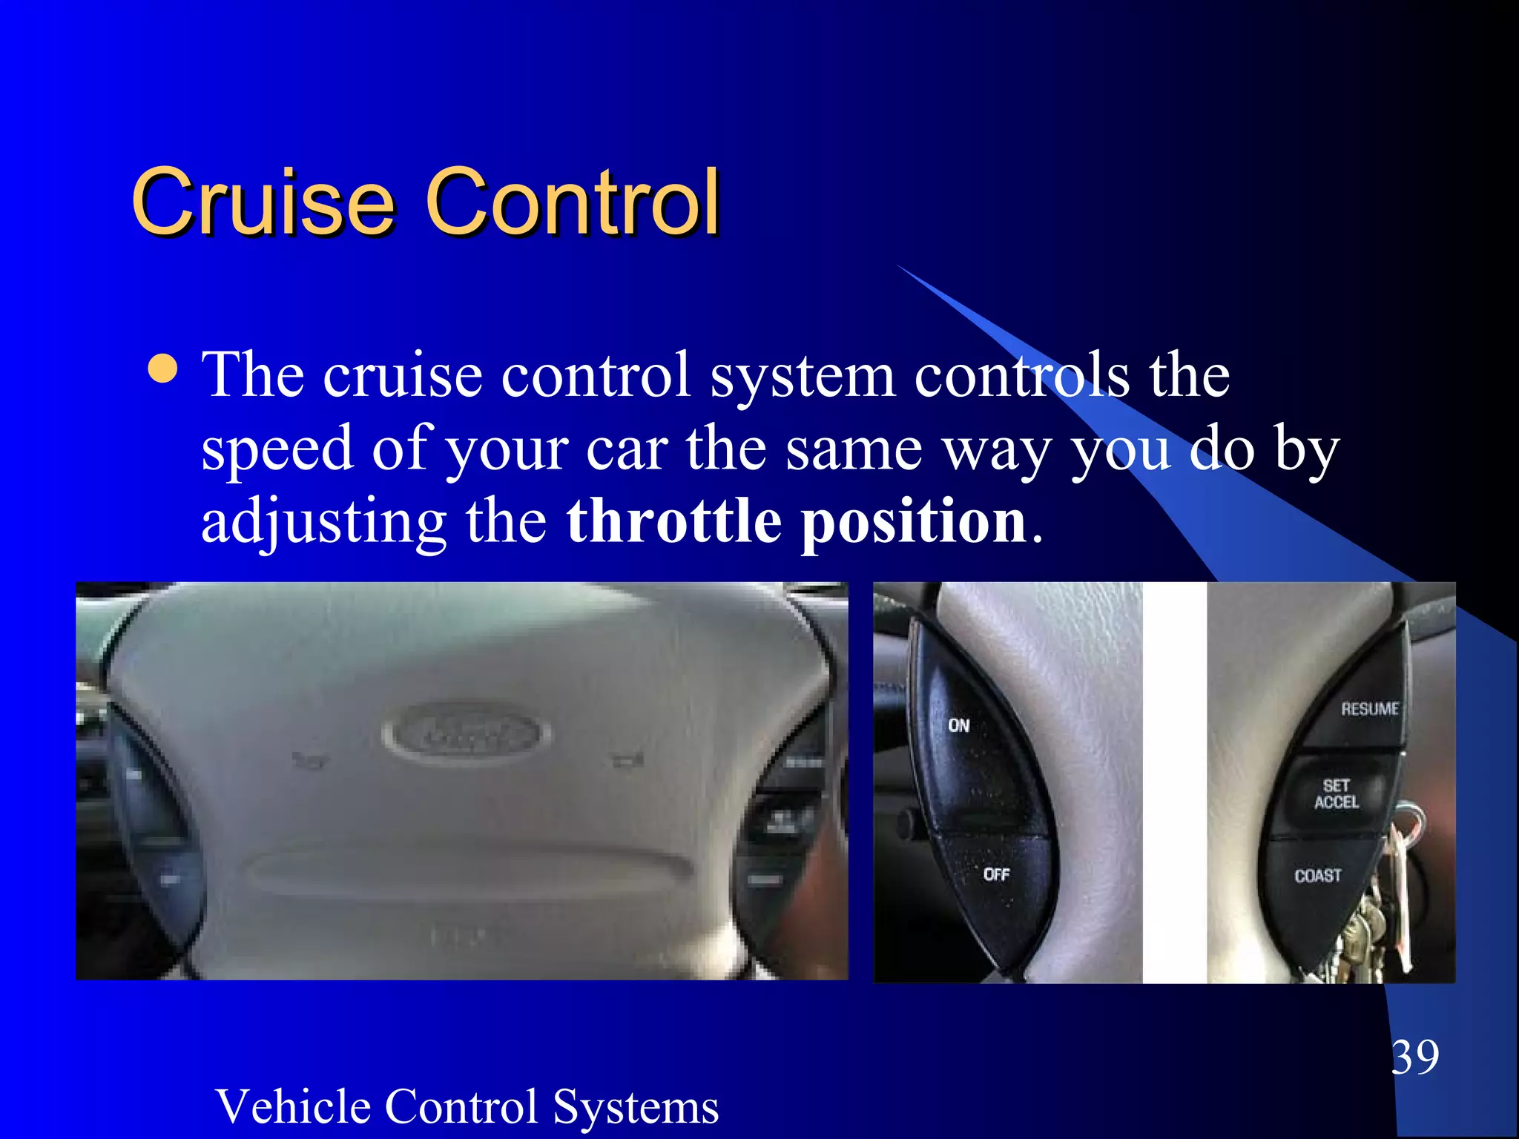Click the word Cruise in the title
click(263, 202)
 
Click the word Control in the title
click(572, 202)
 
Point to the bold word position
click(914, 523)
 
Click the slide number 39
click(1414, 1057)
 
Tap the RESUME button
click(1369, 710)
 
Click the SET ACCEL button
click(1337, 793)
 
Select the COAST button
click(1318, 876)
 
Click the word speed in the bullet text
click(277, 449)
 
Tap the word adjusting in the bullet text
click(324, 523)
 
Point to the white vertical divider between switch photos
click(1174, 782)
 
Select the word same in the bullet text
click(854, 449)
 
